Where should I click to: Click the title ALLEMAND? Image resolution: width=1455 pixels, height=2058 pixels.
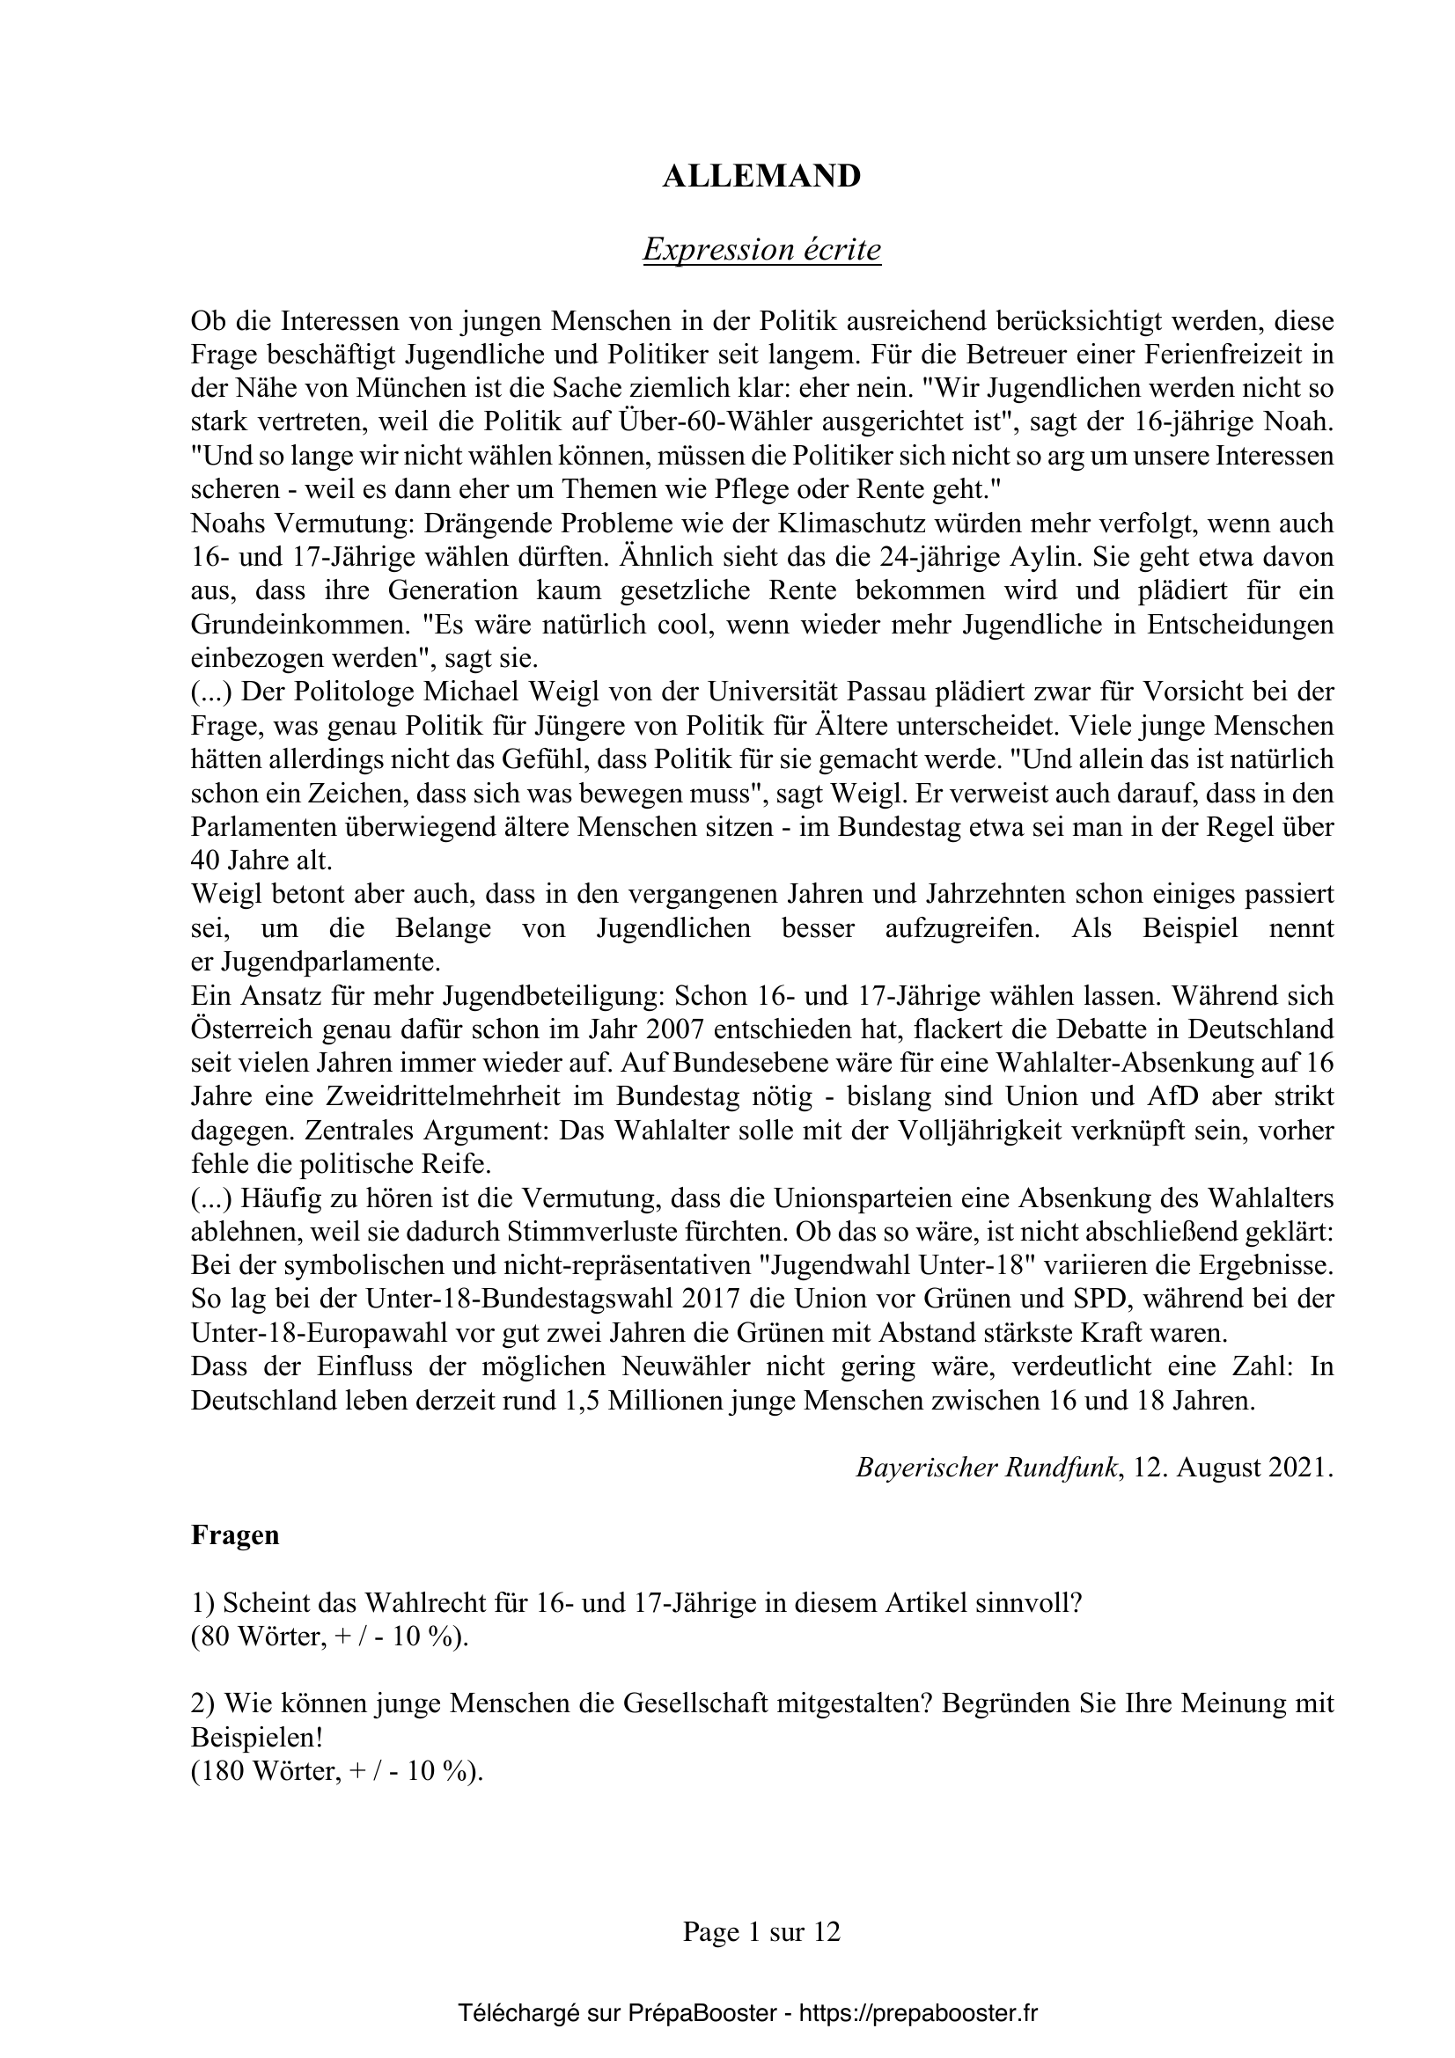coord(761,177)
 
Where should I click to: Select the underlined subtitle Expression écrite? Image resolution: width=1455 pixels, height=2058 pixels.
coord(761,250)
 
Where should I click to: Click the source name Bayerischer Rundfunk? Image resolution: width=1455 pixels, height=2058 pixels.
coord(987,1468)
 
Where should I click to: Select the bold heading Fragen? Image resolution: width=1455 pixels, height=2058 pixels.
coord(235,1535)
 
